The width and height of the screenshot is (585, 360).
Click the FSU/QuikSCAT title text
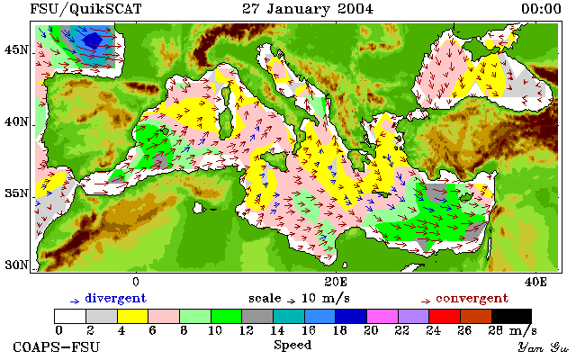coord(85,9)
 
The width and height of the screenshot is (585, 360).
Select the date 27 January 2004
coord(308,9)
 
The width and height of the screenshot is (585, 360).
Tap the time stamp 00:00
coord(541,9)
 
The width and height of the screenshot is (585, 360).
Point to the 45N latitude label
coord(16,49)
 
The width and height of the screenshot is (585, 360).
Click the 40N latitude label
coord(16,121)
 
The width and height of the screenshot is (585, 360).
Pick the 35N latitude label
coord(16,193)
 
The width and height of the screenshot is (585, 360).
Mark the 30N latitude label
coord(16,265)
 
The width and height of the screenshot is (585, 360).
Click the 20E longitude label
coord(336,282)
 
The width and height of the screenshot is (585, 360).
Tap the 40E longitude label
coord(535,282)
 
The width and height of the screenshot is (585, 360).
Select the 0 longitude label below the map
coord(136,282)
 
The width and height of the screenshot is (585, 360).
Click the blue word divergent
coord(116,299)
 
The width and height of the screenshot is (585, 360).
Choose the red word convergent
coord(472,299)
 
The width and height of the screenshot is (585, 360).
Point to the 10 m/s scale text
coord(325,299)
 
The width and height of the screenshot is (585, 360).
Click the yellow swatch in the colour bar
coord(133,317)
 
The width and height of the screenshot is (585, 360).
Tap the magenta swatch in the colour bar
coord(382,317)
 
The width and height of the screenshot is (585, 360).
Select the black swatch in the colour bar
coord(511,317)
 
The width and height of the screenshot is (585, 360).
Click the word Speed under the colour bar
coord(292,345)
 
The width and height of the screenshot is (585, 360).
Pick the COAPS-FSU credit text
coord(57,346)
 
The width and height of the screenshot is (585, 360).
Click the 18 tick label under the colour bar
coord(340,330)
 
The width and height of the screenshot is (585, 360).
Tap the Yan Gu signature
coord(544,347)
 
